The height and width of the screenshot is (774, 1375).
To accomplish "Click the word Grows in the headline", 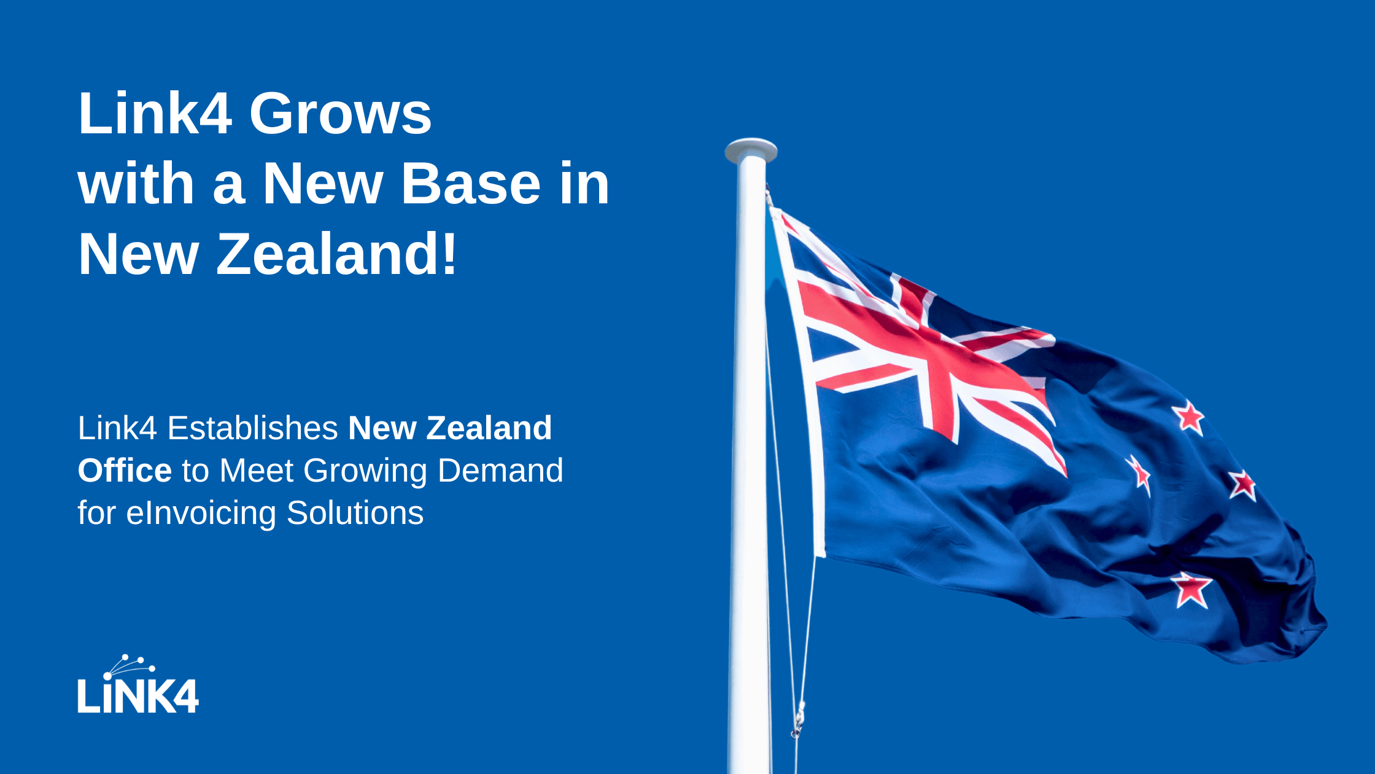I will (x=340, y=114).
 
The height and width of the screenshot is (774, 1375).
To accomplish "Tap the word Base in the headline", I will (x=471, y=184).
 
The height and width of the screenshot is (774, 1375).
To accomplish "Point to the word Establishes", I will (x=252, y=428).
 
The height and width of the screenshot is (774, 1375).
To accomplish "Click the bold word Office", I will (x=125, y=471).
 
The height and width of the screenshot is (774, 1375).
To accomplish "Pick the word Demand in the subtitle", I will (x=500, y=471).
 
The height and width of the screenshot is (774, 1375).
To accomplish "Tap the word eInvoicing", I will (x=201, y=514).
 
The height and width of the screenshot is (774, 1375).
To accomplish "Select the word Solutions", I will (x=355, y=514).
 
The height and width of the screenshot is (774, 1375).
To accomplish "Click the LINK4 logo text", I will (x=138, y=695).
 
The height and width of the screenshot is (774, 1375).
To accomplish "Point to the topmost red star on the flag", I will (x=1190, y=418).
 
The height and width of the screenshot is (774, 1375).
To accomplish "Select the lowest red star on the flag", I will (x=1191, y=589).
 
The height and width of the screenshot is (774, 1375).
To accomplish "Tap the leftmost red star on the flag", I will (x=1141, y=475).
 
